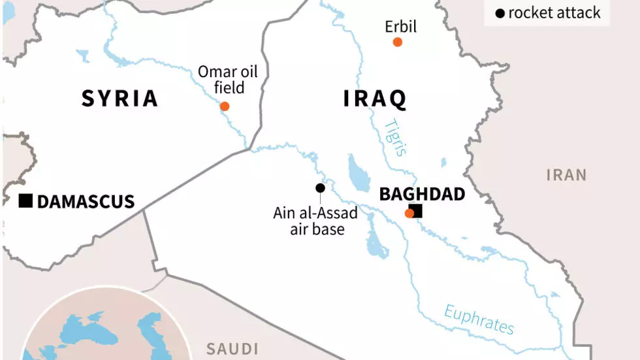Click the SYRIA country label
pos(120,98)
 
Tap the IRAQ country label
pos(375,99)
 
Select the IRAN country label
pos(566,175)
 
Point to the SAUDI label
pos(232,349)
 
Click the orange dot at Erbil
pos(397,42)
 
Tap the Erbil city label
pos(400,27)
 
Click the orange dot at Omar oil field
pos(225,106)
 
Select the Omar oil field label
pos(229,79)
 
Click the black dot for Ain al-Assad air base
pos(320,188)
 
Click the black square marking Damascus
pos(25,201)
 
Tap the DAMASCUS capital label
pos(86,201)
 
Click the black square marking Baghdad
pos(416,210)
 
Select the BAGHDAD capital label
pos(422,194)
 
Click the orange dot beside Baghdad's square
pos(409,213)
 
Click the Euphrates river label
pos(479,319)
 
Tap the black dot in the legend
pos(500,13)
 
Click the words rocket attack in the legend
pos(554,13)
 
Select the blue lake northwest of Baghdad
pos(358,171)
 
